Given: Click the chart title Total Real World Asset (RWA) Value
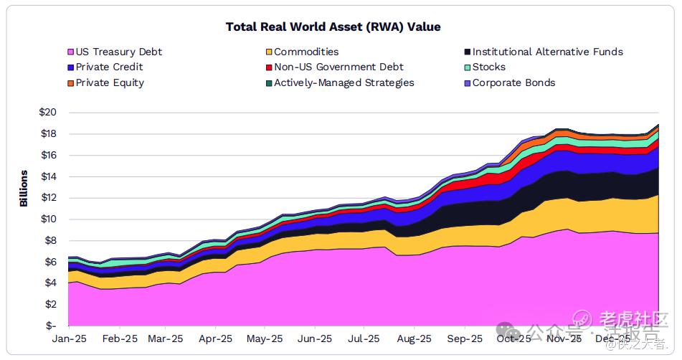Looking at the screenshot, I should coord(333,27).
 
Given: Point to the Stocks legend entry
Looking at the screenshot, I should coord(488,67).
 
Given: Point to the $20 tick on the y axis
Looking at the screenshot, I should coord(48,113).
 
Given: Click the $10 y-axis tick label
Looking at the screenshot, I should coord(48,219).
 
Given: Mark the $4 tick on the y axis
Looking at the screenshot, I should coord(50,283).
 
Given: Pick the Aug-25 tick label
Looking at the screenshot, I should coord(414,338).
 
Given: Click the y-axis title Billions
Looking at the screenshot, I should coord(24,188).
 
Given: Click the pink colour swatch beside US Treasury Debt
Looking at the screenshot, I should coord(70,52).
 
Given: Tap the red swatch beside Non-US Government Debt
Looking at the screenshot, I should coord(268,67).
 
